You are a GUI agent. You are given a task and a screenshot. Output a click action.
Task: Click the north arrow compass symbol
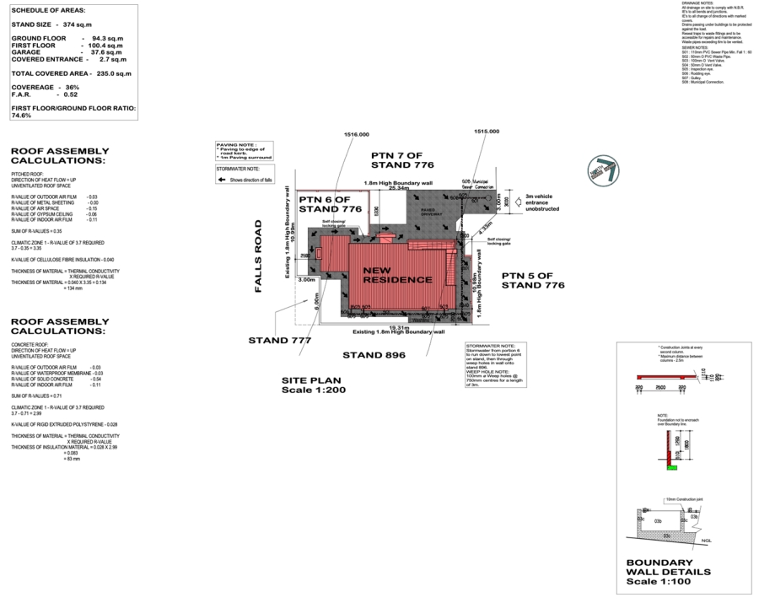tap(604, 167)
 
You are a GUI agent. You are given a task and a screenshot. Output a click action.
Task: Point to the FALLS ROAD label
tap(261, 257)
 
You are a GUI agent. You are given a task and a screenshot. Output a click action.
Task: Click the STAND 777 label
tap(280, 341)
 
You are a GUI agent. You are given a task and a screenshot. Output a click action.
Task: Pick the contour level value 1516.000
tap(357, 134)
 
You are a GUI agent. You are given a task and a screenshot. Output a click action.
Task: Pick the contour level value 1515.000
tap(487, 132)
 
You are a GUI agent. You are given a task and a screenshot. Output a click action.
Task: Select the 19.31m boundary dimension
tap(398, 326)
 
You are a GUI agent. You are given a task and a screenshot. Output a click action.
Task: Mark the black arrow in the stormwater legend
tap(223, 180)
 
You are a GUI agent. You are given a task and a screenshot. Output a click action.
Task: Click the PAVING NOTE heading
tap(236, 145)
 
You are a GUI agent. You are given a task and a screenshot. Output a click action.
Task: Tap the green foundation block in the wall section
tap(672, 468)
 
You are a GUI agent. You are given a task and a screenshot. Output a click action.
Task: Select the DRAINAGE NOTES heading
tap(697, 3)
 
